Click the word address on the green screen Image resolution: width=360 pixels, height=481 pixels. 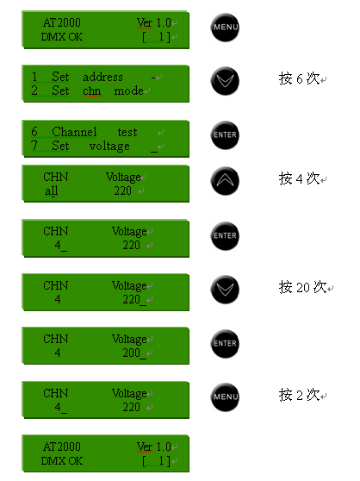pyautogui.click(x=102, y=77)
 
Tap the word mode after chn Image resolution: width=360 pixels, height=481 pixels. pyautogui.click(x=128, y=91)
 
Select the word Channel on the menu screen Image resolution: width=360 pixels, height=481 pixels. pyautogui.click(x=74, y=132)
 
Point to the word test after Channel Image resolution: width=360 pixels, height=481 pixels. pyautogui.click(x=127, y=132)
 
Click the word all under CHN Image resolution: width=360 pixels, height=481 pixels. pyautogui.click(x=51, y=191)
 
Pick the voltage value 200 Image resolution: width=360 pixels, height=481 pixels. pyautogui.click(x=132, y=353)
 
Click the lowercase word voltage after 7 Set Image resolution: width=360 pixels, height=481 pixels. pyautogui.click(x=109, y=147)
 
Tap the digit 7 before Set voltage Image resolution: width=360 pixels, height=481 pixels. pyautogui.click(x=34, y=146)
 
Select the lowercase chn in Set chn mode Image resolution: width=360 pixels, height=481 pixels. pyautogui.click(x=91, y=91)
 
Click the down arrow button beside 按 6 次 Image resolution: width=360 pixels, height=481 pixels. pyautogui.click(x=225, y=81)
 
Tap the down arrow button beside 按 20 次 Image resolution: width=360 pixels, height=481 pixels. pyautogui.click(x=225, y=290)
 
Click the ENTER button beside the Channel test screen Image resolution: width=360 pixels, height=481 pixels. pyautogui.click(x=225, y=135)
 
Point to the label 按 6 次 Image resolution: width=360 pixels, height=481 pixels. pyautogui.click(x=300, y=78)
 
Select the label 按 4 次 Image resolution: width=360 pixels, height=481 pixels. pyautogui.click(x=300, y=178)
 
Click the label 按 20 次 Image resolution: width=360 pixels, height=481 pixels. pyautogui.click(x=302, y=287)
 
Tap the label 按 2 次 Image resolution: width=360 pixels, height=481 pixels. pyautogui.click(x=300, y=395)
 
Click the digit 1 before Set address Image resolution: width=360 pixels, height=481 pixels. pyautogui.click(x=34, y=77)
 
